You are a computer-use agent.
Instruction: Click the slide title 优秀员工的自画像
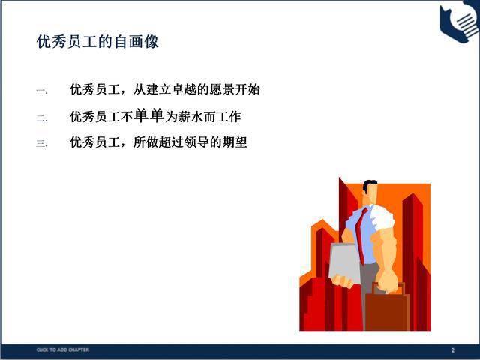tap(97, 42)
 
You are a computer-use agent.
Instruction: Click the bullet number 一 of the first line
tap(41, 91)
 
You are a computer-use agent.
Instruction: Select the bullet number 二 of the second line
tap(42, 118)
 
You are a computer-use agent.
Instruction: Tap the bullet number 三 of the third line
tap(42, 143)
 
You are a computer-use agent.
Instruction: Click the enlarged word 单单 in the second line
tap(149, 115)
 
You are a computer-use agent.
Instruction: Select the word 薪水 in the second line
tap(190, 117)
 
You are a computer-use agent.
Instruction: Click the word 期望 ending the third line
tap(235, 142)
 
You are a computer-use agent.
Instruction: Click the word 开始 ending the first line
tap(247, 89)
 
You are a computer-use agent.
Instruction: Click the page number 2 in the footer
tap(453, 350)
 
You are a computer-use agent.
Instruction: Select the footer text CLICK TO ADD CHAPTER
tap(63, 349)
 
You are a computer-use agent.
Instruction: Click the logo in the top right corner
tap(460, 21)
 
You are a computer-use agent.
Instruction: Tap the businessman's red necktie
tap(361, 235)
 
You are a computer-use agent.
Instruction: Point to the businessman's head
tap(370, 192)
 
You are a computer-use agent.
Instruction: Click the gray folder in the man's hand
tap(344, 263)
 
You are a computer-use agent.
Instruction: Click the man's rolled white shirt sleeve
tap(382, 219)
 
